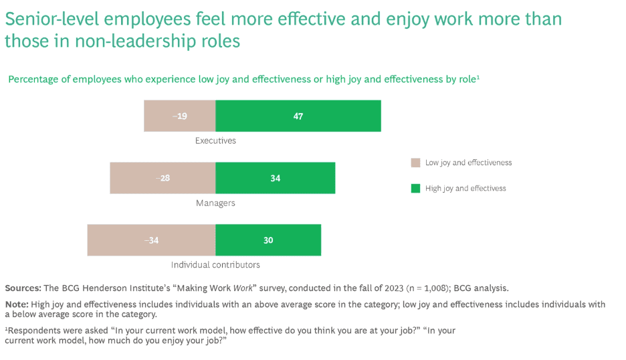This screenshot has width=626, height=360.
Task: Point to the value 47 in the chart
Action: click(298, 116)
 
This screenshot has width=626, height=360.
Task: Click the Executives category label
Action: click(215, 141)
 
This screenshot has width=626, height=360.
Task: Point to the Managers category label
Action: click(215, 203)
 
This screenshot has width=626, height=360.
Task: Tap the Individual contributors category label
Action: click(215, 265)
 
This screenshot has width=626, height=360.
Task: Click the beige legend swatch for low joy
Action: click(415, 163)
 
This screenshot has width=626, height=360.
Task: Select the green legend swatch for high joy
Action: click(415, 188)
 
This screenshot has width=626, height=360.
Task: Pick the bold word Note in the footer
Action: click(16, 304)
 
